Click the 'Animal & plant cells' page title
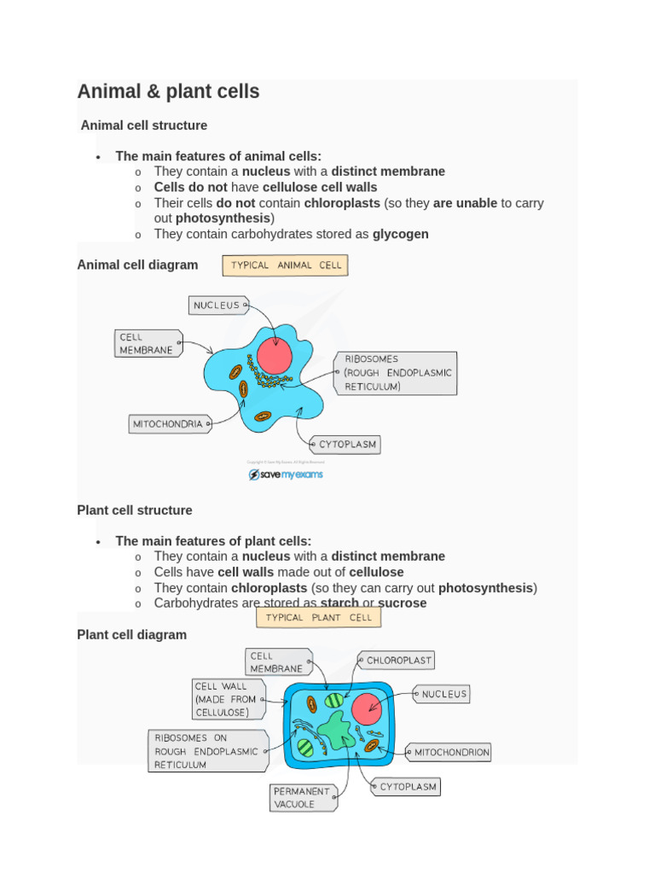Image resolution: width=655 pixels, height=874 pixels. pos(168,91)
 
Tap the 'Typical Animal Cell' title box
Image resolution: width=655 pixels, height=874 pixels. pos(285,265)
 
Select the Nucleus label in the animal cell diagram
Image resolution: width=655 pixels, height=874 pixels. pos(217,306)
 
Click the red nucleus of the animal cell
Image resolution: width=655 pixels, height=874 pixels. pos(275,356)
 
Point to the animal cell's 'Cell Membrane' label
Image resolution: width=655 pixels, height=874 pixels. pos(148,343)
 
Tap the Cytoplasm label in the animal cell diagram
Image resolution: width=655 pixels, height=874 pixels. pos(345,445)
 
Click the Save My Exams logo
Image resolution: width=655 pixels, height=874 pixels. pos(286,475)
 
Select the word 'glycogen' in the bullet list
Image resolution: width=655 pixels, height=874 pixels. pos(400,234)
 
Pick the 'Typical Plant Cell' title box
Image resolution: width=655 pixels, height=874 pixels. pos(318,617)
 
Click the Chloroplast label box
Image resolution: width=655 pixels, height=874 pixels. pos(399,660)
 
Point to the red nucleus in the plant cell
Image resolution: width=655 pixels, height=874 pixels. pos(367,708)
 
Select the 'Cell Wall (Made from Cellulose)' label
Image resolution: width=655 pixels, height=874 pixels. pos(227,699)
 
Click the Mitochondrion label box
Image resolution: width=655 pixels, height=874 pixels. pos(450,753)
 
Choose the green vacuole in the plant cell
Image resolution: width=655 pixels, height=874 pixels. pos(336,731)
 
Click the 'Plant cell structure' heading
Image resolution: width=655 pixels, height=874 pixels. pos(135,510)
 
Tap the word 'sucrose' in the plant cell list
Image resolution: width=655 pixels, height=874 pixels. pos(402,603)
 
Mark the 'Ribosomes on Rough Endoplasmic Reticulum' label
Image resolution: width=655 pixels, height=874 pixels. pos(206,751)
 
